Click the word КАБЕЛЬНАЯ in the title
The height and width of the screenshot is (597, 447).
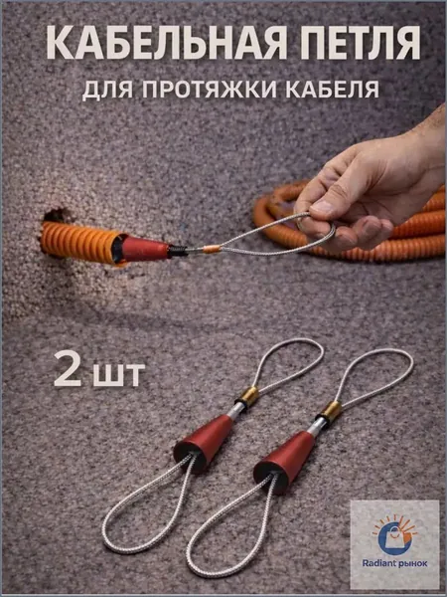pyautogui.click(x=166, y=42)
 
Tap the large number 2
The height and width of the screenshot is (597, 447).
pyautogui.click(x=68, y=368)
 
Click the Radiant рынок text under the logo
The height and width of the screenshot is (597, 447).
pyautogui.click(x=394, y=563)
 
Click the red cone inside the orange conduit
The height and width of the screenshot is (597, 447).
pyautogui.click(x=144, y=249)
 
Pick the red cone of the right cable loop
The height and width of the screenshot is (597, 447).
pyautogui.click(x=285, y=461)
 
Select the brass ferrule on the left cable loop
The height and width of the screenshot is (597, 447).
pyautogui.click(x=249, y=396)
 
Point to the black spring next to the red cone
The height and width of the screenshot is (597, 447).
pyautogui.click(x=178, y=251)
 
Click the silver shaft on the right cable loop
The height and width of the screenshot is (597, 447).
pyautogui.click(x=317, y=426)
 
